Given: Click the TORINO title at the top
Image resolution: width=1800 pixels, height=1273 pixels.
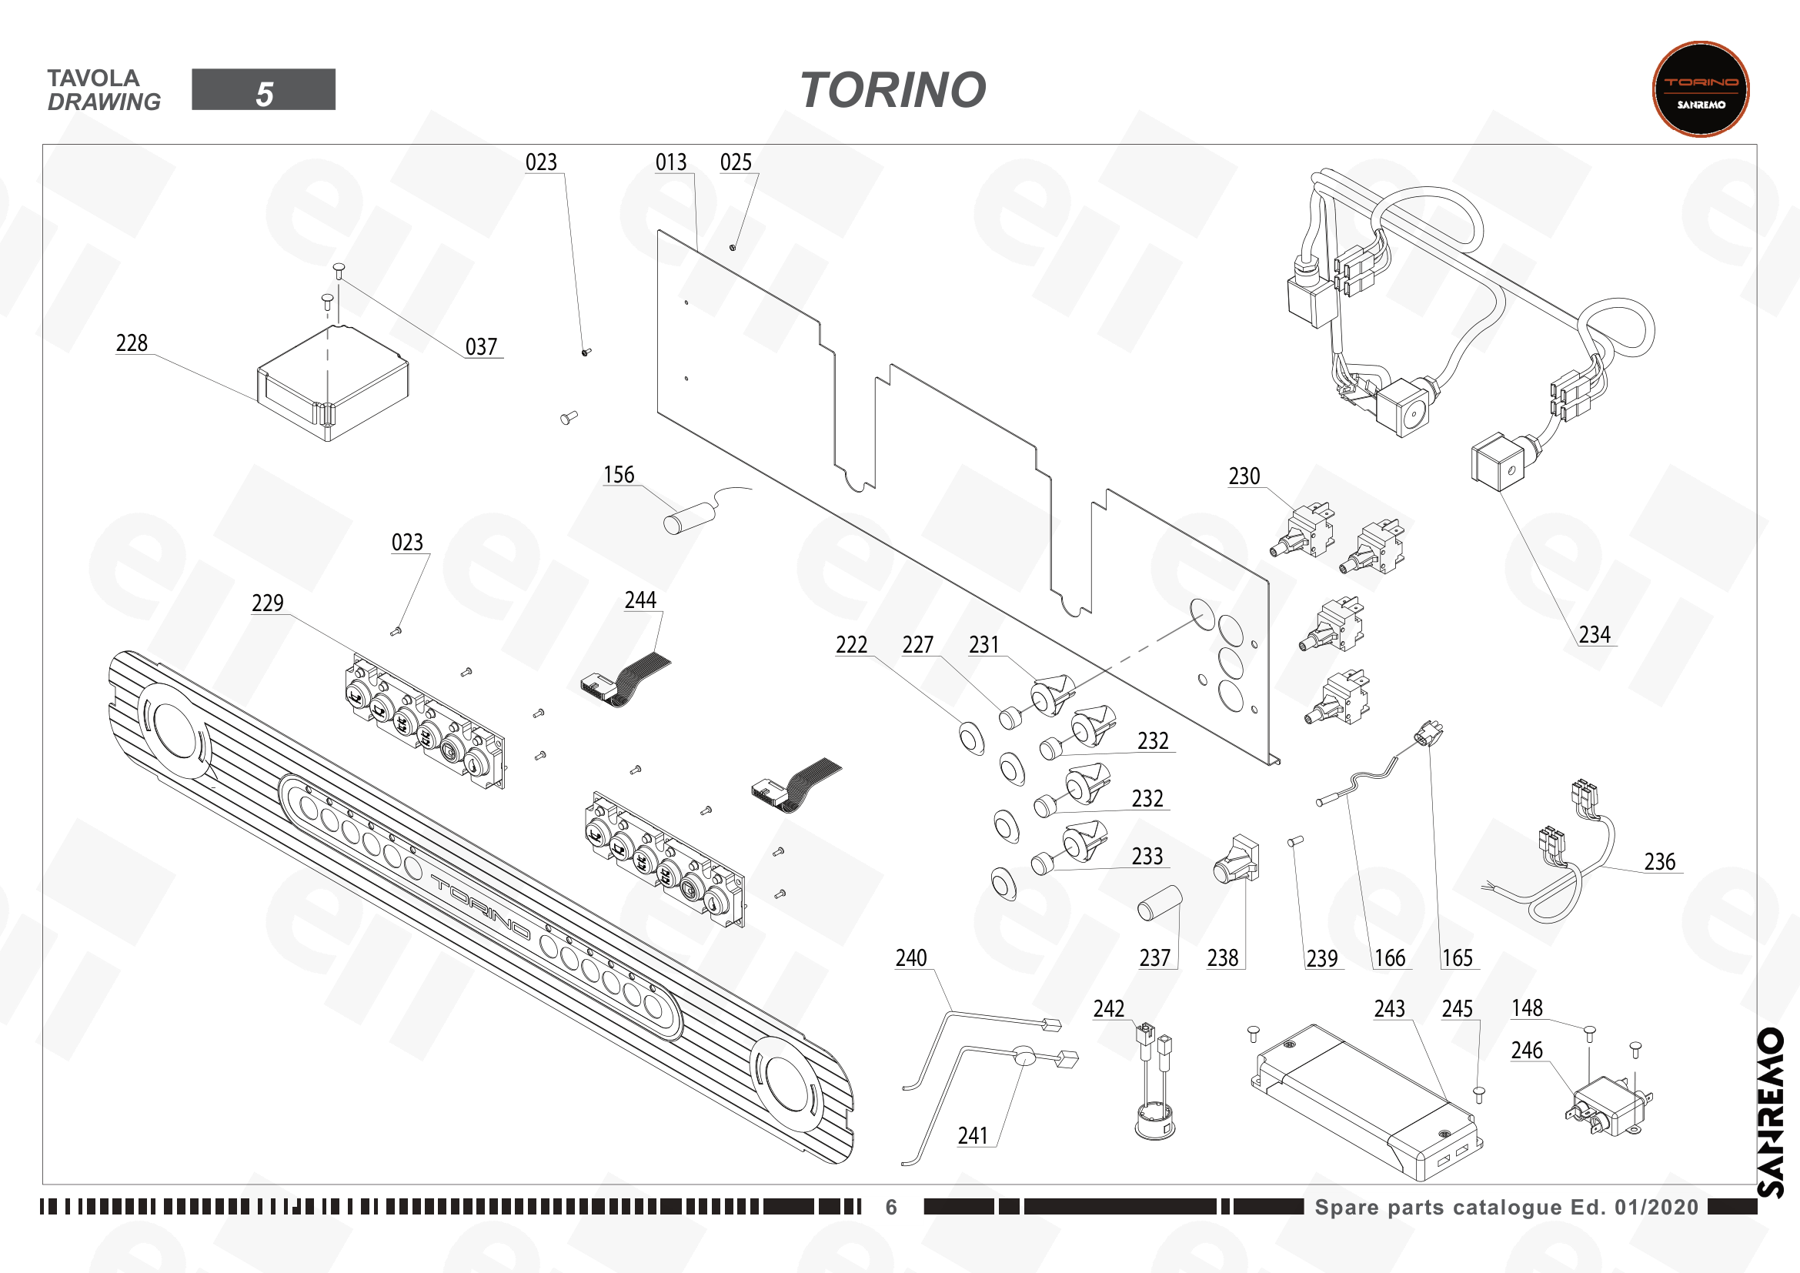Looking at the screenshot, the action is pos(893,90).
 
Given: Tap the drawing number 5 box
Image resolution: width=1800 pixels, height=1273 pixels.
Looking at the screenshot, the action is pos(263,89).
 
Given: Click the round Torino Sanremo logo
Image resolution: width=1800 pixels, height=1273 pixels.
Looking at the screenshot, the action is pos(1701,89).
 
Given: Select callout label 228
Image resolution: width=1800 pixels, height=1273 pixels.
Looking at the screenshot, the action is pos(132,343).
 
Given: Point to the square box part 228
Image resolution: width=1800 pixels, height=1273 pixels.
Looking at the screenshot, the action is pos(332,383).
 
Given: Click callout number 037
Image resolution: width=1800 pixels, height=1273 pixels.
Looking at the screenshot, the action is pos(481,346).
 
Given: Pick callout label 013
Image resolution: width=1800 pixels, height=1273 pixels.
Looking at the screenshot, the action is pos(671,162).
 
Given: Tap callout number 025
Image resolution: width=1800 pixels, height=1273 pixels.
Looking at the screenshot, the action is pos(736,162).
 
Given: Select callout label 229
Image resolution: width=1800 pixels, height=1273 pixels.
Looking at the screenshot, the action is pos(268,603).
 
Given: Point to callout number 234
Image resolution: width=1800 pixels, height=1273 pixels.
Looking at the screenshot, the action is pos(1595,634).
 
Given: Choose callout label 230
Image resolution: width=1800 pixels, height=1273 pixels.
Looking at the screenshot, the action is pos(1244,476).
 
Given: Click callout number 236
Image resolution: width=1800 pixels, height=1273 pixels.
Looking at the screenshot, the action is pos(1660,862).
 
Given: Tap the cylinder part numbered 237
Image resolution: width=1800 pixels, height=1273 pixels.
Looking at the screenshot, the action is pos(1160,903).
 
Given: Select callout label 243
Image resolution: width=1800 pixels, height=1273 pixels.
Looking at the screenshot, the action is pos(1390,1009).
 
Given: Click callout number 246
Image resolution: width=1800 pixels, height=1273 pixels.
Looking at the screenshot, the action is pos(1527,1051).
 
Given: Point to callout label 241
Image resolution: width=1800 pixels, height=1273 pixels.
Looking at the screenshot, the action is pos(973,1136).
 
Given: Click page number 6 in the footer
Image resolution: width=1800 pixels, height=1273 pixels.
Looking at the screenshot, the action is pos(891,1207).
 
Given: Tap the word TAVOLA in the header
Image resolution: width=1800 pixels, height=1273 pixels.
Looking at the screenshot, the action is pos(93,79).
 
